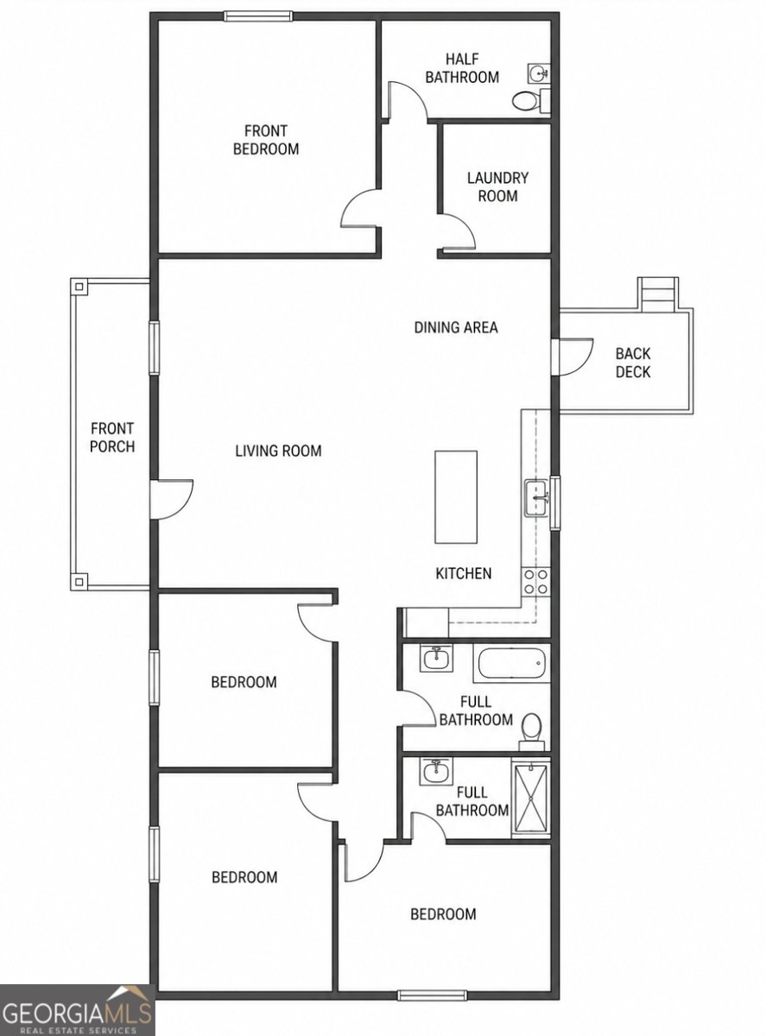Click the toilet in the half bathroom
click(531, 100)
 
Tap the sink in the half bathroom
click(540, 73)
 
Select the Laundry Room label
click(497, 186)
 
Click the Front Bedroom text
click(266, 140)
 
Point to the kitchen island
click(456, 497)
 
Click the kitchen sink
click(537, 498)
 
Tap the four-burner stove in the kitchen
click(536, 582)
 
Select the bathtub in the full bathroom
click(511, 663)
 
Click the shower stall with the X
click(531, 799)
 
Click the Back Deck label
click(633, 363)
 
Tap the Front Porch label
click(112, 437)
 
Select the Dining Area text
click(456, 327)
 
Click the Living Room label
click(279, 451)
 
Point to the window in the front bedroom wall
click(258, 16)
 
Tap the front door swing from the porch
click(172, 499)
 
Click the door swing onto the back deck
click(573, 357)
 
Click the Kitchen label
click(464, 573)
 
